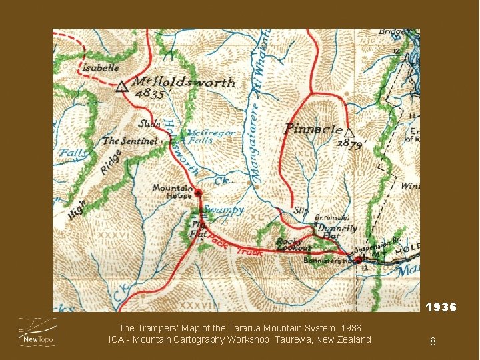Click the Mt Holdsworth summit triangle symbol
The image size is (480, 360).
(121, 86)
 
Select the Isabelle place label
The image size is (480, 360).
(101, 67)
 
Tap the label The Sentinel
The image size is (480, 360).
(130, 141)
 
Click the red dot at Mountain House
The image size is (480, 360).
(198, 193)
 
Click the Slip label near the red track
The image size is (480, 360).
(302, 211)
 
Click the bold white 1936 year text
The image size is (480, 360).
(441, 307)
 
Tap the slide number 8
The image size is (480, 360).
(433, 341)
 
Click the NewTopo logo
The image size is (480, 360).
(37, 332)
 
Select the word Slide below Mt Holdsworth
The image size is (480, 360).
(149, 123)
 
